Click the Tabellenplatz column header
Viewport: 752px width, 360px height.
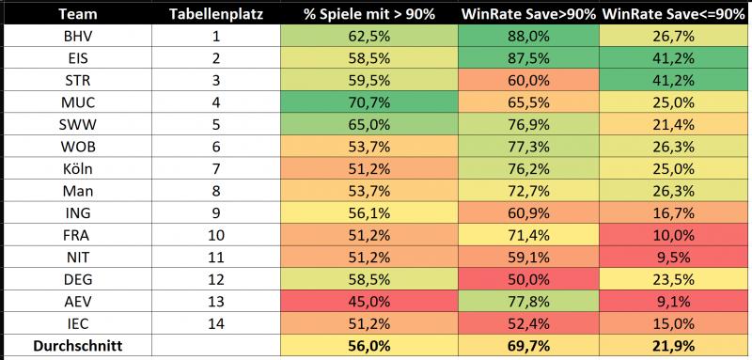[216, 14]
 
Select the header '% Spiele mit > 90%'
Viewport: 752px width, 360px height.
[369, 14]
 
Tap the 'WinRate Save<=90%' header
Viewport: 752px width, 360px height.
[673, 14]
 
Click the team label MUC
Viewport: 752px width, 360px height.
[78, 102]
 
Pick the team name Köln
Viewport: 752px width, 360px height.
[78, 169]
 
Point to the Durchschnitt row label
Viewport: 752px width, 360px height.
[78, 346]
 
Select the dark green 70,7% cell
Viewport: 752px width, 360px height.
[369, 102]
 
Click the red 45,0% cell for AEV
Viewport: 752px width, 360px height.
[369, 302]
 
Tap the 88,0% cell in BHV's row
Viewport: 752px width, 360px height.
[529, 36]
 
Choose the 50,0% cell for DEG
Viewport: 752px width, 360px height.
[529, 279]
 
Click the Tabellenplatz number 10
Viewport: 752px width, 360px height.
[216, 235]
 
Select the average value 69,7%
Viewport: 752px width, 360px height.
[529, 346]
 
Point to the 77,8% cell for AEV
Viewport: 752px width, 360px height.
[529, 302]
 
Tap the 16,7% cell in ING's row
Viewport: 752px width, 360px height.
[676, 212]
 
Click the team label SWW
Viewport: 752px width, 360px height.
[78, 125]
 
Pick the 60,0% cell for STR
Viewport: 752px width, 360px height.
[529, 80]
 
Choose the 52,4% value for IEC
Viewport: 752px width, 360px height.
[529, 324]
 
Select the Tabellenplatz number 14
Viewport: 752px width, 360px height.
[216, 324]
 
